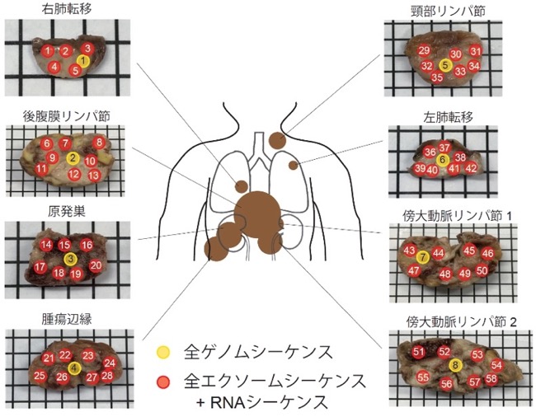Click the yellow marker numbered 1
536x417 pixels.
click(x=83, y=61)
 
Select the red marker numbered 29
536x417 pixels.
click(x=424, y=51)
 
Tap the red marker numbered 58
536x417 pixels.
click(x=491, y=379)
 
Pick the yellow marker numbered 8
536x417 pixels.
click(x=455, y=365)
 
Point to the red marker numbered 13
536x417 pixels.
click(x=94, y=176)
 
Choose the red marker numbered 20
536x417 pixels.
click(x=96, y=265)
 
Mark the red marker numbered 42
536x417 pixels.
click(x=471, y=168)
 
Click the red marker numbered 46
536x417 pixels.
click(x=487, y=253)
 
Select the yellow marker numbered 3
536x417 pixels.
click(x=70, y=259)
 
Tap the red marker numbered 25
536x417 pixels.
click(x=40, y=376)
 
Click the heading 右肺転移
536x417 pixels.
click(x=67, y=9)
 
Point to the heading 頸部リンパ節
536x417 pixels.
click(x=448, y=12)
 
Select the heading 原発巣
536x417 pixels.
click(x=67, y=212)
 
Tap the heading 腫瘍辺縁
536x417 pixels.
click(x=67, y=319)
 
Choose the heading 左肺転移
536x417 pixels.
click(x=448, y=117)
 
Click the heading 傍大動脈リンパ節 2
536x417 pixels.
click(x=461, y=322)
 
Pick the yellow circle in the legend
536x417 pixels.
click(x=163, y=353)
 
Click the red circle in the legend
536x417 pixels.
click(x=163, y=382)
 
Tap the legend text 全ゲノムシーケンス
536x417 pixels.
click(x=258, y=352)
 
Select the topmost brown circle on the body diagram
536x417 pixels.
click(x=278, y=139)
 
